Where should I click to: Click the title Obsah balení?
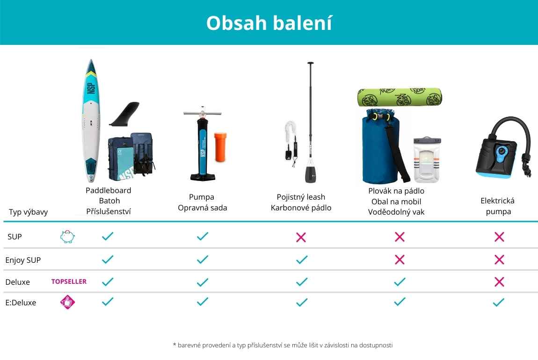[269, 23]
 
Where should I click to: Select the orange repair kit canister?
[220, 147]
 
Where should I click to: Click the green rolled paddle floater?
[400, 97]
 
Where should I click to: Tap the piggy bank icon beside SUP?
[67, 237]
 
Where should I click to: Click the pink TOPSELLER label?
[69, 281]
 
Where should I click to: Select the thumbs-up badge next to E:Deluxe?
[67, 302]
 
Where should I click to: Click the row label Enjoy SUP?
[23, 260]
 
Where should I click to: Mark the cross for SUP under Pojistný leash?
[301, 237]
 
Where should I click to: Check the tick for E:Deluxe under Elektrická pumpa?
[499, 302]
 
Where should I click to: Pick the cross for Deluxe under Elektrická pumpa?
[499, 282]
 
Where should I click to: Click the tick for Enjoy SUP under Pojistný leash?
[302, 259]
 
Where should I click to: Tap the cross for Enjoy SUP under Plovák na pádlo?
[400, 259]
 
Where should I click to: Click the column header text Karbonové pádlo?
[301, 208]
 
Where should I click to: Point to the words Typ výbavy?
[28, 212]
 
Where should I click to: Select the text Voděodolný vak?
[396, 212]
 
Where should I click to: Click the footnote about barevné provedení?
[283, 345]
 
